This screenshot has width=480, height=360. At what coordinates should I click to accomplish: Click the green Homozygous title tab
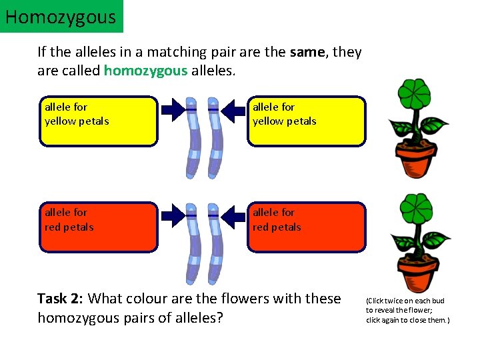[61, 17]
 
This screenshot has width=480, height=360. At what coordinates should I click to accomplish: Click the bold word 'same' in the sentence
[308, 51]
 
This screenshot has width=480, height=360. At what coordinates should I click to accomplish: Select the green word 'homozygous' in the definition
[146, 71]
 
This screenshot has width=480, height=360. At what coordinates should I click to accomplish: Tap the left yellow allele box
[99, 121]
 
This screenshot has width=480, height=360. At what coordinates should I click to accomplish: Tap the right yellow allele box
[307, 121]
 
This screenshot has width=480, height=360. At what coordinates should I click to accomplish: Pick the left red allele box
[99, 227]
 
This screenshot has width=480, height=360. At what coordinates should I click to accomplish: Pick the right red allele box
[307, 227]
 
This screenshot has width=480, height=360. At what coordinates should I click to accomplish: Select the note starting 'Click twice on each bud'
[407, 311]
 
